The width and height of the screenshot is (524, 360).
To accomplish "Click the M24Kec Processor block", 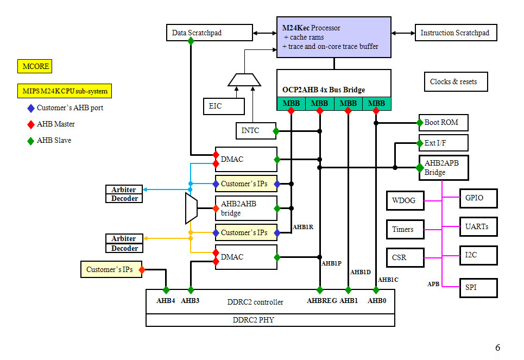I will click(x=333, y=37).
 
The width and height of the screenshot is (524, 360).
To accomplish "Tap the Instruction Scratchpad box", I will click(x=455, y=33).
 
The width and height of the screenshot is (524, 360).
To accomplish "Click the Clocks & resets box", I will click(x=455, y=81).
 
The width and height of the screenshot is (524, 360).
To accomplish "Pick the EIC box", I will click(x=223, y=106).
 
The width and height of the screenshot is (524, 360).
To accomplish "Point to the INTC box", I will click(x=255, y=131).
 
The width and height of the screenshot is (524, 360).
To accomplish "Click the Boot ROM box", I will click(x=443, y=123).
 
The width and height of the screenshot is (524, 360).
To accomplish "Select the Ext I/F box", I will click(x=443, y=143).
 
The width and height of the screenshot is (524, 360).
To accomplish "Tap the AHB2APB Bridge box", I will click(x=443, y=168).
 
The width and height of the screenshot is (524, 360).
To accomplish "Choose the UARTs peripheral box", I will click(x=478, y=226).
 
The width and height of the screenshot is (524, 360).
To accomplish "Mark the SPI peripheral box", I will click(x=478, y=288).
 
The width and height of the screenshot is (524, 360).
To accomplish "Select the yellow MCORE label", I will click(x=36, y=67).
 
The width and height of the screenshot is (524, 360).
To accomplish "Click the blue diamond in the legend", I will click(x=30, y=108).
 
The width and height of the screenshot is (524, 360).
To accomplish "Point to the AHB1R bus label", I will click(x=302, y=227).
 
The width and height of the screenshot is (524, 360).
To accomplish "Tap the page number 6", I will click(x=497, y=348).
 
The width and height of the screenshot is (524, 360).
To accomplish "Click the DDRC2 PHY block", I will click(x=270, y=320).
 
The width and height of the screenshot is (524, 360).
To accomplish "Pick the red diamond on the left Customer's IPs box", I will click(x=142, y=269).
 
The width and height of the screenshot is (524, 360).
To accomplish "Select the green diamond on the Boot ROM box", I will click(x=420, y=123).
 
